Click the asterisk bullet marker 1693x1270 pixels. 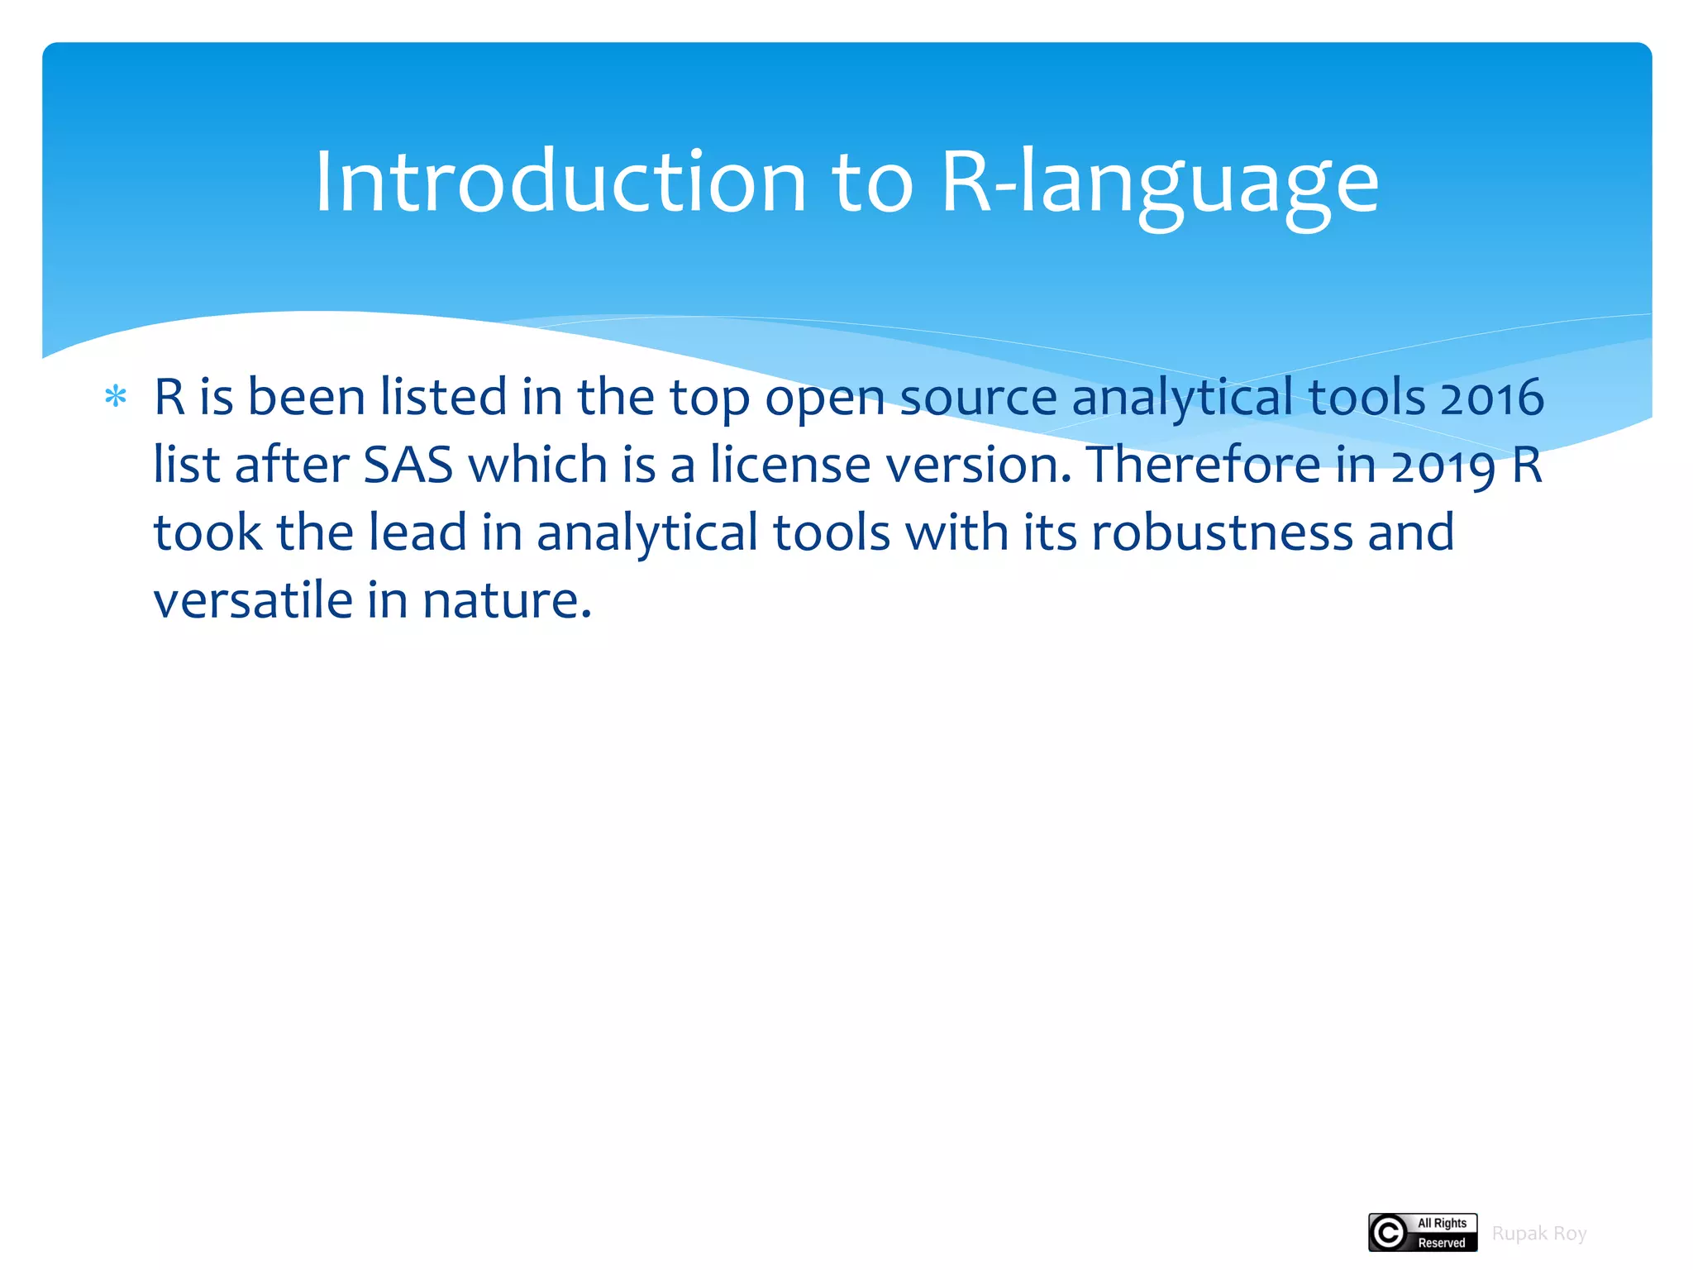coord(116,398)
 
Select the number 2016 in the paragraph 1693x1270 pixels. coord(1491,398)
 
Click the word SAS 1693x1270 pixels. coord(408,466)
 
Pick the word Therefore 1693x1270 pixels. coord(1204,466)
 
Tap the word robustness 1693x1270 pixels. coord(1222,532)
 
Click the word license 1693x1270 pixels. coord(790,466)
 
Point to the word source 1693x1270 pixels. coord(978,398)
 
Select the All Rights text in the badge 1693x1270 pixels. coord(1442,1223)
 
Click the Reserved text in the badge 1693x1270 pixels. coord(1442,1243)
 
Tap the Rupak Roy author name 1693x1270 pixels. coord(1538,1234)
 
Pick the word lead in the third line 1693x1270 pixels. coord(417,532)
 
